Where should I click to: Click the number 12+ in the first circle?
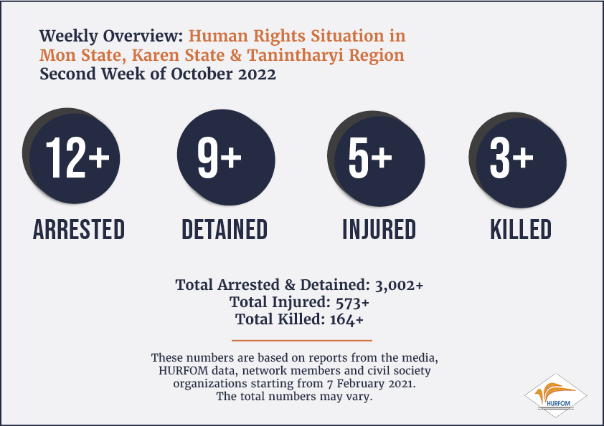(x=77, y=158)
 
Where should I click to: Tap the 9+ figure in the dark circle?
(x=220, y=158)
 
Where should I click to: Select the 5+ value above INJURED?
(x=370, y=158)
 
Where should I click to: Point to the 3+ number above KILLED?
(x=511, y=158)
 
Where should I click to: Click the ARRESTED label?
(x=79, y=230)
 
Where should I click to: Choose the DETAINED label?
(x=225, y=230)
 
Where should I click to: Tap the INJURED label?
(x=379, y=230)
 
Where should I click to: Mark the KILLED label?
(x=521, y=230)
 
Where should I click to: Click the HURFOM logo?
(x=555, y=396)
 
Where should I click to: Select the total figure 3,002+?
(x=399, y=285)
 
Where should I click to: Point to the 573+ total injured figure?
(x=352, y=303)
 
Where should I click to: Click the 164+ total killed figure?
(x=346, y=319)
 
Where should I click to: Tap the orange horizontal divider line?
(x=302, y=340)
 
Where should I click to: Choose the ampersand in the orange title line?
(x=236, y=55)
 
